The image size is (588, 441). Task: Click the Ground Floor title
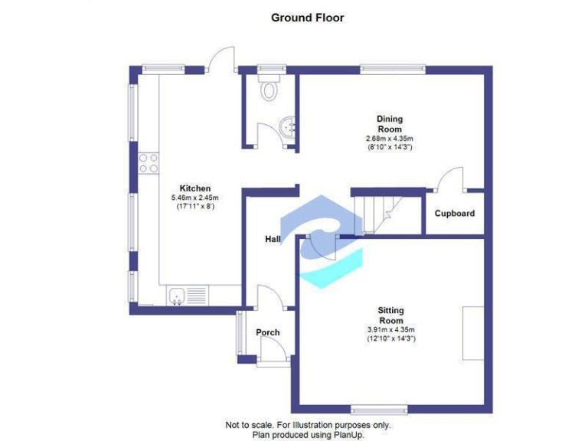point(307,18)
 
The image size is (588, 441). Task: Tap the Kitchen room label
point(194,188)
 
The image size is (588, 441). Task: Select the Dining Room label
point(389,124)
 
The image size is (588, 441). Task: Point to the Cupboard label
point(455,214)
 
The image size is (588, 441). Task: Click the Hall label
point(273,240)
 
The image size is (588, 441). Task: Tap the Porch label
point(267,332)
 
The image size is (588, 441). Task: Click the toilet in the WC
point(269,88)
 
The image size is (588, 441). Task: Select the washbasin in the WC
point(288,127)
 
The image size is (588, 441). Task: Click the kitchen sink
point(176,294)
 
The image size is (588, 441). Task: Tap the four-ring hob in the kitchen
point(148,163)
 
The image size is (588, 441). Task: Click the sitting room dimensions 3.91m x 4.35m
point(390,330)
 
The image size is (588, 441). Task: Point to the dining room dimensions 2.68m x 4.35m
point(389,139)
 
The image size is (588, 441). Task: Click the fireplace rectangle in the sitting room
point(472,332)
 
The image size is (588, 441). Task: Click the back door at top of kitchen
point(222,58)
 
